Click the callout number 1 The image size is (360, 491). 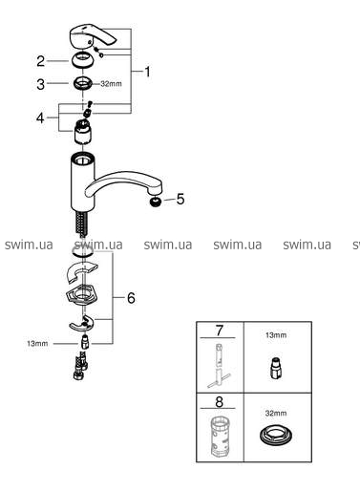pos(147,72)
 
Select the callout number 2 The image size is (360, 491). pos(41,61)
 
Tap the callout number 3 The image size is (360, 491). pos(41,84)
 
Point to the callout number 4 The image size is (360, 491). pos(40,117)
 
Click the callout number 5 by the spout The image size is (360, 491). pos(180,200)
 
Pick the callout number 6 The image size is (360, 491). pos(131,298)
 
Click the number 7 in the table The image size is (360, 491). pos(220,331)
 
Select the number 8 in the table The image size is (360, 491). pos(220,402)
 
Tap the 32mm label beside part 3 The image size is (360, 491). pos(111,84)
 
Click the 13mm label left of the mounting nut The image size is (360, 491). pos(37,344)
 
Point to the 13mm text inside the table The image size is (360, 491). pos(276,335)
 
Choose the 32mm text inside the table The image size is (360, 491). pos(276,414)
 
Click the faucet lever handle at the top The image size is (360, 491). pos(93,35)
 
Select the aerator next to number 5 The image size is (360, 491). pos(156,202)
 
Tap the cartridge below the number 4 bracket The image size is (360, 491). pos(83,130)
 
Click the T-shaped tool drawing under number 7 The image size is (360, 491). pos(220,365)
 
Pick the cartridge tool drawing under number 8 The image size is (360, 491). pos(220,436)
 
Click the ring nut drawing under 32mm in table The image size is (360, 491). pos(276,436)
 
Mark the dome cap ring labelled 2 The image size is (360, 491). pos(82,60)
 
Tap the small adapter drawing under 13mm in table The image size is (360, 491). pos(276,367)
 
